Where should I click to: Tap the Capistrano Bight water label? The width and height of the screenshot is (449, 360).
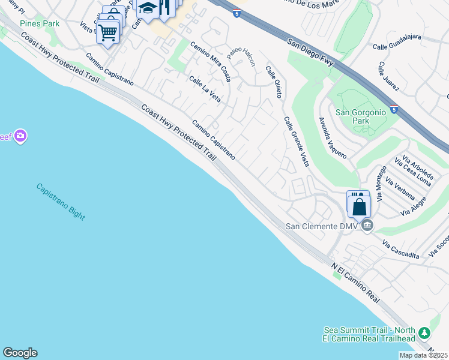click(61, 201)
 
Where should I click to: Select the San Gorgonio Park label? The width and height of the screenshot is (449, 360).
click(360, 116)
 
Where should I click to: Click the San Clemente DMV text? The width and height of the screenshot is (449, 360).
click(321, 226)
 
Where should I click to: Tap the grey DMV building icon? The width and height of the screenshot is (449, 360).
click(367, 226)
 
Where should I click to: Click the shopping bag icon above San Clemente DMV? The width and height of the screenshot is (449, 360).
click(359, 206)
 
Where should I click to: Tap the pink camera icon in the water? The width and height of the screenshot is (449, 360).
click(20, 137)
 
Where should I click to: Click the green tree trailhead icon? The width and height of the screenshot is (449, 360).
click(424, 332)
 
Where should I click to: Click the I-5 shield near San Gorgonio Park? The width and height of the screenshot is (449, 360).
click(393, 110)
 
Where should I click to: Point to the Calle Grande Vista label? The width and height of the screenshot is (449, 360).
click(296, 142)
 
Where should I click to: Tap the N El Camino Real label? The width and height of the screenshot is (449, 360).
click(356, 284)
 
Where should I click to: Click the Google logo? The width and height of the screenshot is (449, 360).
click(20, 353)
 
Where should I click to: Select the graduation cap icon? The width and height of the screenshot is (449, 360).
click(147, 8)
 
